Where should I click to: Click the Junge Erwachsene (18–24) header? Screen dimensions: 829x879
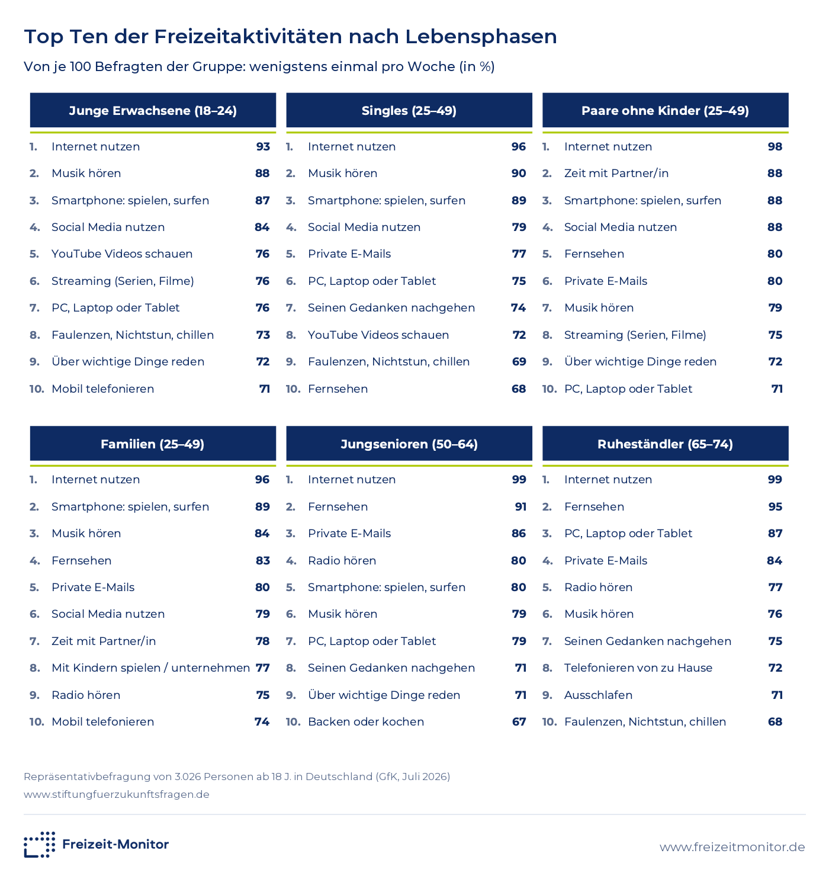coord(153,110)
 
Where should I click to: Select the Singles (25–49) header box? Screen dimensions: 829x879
coord(409,110)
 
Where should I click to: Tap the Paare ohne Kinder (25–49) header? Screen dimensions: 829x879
coord(665,110)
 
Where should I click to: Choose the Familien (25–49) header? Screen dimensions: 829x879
coord(153,444)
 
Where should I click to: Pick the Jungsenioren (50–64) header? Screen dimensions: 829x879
coord(409,444)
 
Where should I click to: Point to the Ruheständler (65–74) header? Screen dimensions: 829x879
coord(665,444)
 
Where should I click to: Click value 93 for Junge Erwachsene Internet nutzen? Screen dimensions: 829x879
coord(263,146)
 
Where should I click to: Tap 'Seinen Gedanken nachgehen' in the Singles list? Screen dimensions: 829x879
coord(391,307)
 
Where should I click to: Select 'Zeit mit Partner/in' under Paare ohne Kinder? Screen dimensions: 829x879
coord(616,173)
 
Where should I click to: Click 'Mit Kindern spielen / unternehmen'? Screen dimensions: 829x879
coord(150,668)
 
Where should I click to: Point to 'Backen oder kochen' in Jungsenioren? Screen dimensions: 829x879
coord(365,721)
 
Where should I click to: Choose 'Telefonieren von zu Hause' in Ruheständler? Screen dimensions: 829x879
coord(638,668)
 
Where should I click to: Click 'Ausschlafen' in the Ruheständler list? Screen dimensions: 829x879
coord(598,695)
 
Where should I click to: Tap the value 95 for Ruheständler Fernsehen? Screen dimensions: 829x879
coord(775,506)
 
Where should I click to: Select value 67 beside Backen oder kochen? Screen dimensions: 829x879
coord(519,721)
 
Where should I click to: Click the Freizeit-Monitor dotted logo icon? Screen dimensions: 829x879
coord(40,845)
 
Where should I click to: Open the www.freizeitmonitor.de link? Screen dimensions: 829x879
coord(732,846)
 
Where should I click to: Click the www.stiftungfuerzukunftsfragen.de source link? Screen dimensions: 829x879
coord(117,794)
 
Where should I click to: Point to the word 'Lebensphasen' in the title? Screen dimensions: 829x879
coord(481,37)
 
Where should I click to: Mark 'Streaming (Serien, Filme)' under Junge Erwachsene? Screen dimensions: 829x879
coord(123,281)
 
